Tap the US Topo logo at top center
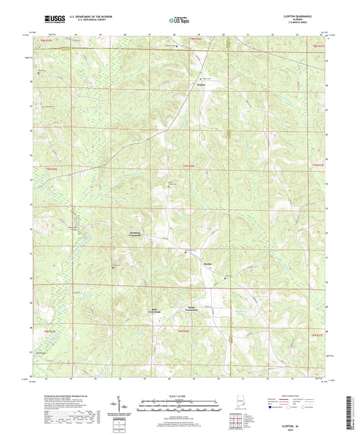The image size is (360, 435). (x=179, y=21)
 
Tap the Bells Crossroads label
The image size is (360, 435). (x=156, y=312)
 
